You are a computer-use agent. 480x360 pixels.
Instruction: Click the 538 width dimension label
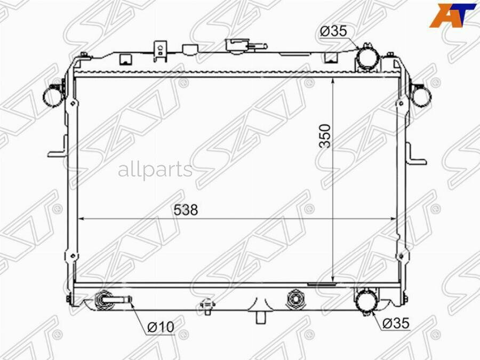click(x=186, y=210)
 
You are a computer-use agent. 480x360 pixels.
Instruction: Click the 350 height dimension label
click(x=325, y=136)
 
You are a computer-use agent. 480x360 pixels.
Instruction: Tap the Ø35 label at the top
click(x=333, y=31)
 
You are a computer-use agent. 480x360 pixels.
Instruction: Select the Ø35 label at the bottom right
click(x=396, y=323)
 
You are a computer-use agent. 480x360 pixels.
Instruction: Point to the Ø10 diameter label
click(x=161, y=327)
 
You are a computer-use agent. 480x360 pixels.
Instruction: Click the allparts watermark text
click(x=155, y=170)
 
